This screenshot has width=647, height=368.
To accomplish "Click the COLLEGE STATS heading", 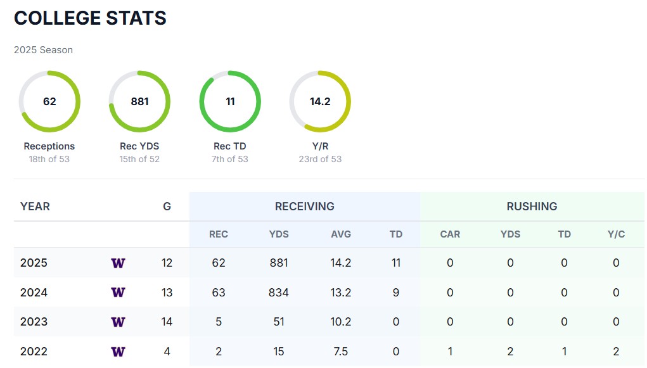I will pos(90,18).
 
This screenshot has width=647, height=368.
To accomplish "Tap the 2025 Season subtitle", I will pos(43,50).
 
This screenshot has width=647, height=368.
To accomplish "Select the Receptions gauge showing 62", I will pos(49,101).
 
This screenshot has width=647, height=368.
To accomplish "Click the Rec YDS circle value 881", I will pos(139,101).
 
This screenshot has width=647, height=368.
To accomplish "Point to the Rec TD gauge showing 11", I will pos(230,101).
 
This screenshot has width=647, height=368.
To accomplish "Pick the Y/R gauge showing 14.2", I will pos(320,101).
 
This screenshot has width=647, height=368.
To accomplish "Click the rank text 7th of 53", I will pos(230,159).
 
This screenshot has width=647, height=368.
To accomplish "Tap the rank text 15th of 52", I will pos(139,159).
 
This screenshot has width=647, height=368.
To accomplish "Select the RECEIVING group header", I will pos(304,206).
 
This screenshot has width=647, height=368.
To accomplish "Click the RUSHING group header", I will pos(532,206).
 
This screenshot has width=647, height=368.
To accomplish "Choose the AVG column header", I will pos(341,234).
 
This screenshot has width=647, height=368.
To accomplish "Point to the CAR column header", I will pos(450,234).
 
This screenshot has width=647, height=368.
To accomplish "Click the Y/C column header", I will pos(616,234).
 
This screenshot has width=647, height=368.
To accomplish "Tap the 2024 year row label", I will pos(34,293).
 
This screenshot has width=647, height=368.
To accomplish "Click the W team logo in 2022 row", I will pos(118,352).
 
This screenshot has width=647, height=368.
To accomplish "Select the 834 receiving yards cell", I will pos(278,293).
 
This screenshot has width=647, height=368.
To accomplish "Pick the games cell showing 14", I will pos(167,322).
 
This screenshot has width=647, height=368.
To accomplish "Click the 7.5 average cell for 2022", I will pos(341,352).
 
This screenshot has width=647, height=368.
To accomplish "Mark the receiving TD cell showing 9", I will pos(396,293).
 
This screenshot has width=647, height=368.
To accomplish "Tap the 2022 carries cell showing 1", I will pos(450,352).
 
